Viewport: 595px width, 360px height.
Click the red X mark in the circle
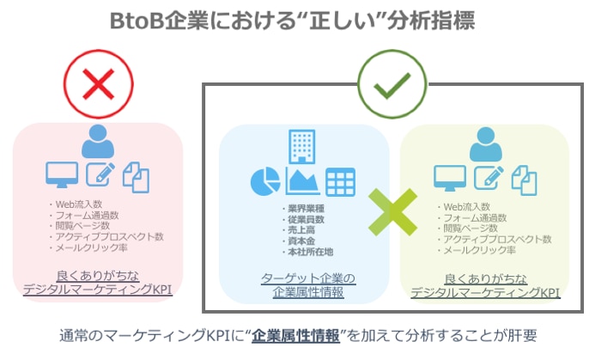point(98,84)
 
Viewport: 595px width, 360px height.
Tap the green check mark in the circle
point(392,85)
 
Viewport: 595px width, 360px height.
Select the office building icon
point(301,147)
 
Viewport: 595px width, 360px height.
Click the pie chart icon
point(265,181)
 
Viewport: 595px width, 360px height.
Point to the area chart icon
point(302,180)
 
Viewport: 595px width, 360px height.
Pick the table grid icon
point(340,182)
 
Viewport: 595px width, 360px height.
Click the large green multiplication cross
point(392,212)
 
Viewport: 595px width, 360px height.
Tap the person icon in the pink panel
point(98,141)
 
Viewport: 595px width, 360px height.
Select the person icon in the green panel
point(486,144)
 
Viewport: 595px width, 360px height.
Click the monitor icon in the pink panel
point(62,174)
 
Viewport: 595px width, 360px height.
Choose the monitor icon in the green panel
point(450,178)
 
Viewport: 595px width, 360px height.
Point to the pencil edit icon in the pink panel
point(100,174)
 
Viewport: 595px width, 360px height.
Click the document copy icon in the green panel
point(524,180)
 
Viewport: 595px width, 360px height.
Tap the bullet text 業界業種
point(307,209)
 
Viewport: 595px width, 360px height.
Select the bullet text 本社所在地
point(311,252)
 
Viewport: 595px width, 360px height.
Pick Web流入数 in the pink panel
point(79,204)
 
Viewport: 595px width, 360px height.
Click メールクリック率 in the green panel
point(480,250)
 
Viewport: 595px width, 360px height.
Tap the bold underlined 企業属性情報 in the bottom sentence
point(295,336)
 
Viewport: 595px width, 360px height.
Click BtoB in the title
point(137,21)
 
